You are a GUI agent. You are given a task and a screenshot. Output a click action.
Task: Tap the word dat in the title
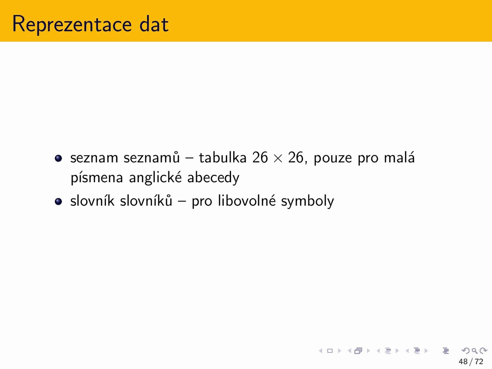coord(154,24)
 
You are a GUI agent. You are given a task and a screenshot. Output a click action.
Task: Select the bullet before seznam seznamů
coord(58,158)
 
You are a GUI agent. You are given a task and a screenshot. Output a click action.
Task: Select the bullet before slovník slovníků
coord(58,201)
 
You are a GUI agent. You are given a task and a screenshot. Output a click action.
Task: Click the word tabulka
coord(223,157)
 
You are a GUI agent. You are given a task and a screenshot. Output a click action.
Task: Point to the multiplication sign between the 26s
coord(278,159)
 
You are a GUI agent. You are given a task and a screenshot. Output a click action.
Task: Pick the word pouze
coord(333,159)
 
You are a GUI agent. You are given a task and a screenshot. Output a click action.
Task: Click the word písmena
coord(97,178)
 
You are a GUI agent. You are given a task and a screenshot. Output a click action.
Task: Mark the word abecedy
coord(213,178)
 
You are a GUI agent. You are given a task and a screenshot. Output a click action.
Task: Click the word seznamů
coord(152,157)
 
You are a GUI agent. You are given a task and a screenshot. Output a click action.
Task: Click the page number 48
coord(463,361)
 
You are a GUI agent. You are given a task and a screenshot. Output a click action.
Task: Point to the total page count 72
coord(479,361)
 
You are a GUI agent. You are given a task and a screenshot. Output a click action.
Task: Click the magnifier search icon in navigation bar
coord(474,351)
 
